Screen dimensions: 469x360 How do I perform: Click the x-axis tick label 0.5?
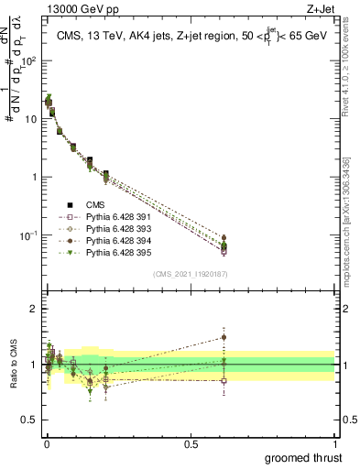190,443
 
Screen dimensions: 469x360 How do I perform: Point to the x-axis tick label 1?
334,443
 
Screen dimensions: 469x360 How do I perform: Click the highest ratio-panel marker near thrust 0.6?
224,337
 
